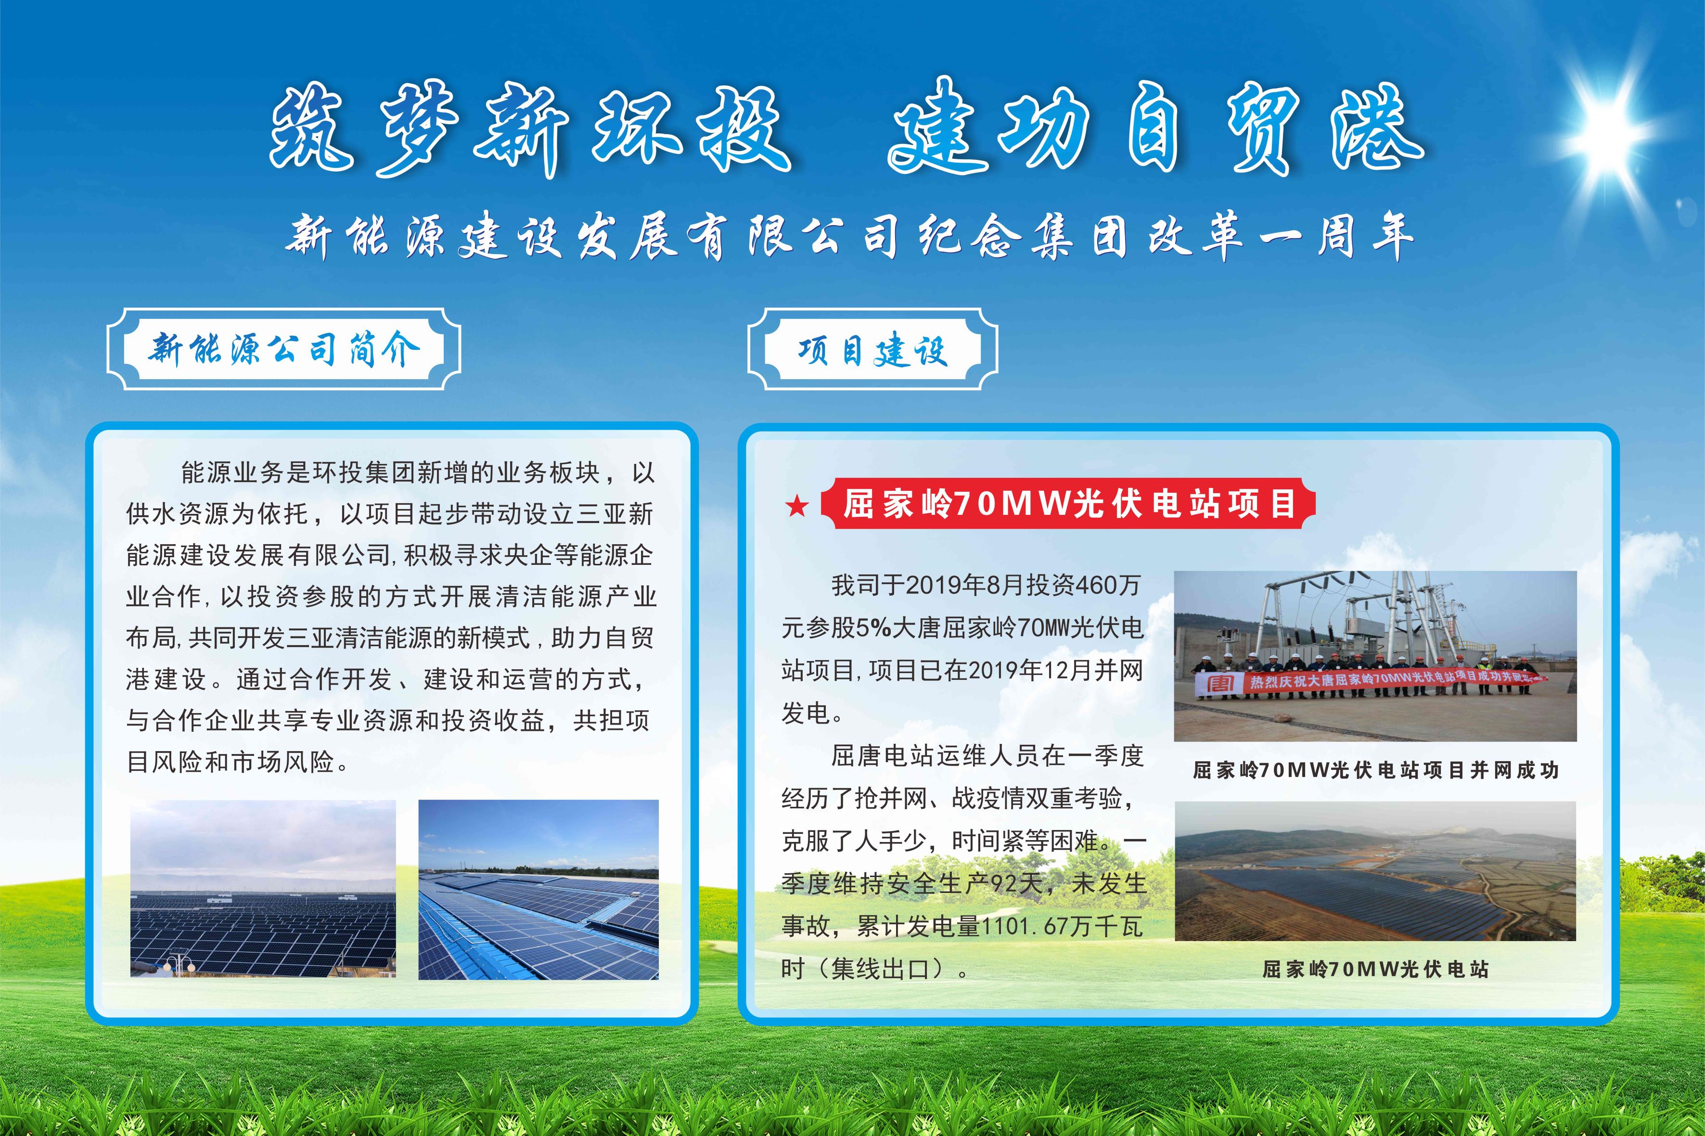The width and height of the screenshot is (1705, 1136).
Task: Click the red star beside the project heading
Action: [797, 506]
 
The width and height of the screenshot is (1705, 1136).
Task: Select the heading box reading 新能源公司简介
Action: [283, 349]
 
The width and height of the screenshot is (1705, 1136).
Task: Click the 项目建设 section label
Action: [872, 349]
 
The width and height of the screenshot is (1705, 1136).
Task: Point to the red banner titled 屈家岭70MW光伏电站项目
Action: [1067, 503]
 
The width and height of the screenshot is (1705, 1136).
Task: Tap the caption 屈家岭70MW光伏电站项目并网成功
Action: [1375, 770]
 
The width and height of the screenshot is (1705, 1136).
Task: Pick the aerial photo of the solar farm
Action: [1375, 871]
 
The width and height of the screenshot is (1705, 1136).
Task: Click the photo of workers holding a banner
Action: [1375, 656]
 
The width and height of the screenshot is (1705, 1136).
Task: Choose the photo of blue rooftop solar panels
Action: [538, 890]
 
